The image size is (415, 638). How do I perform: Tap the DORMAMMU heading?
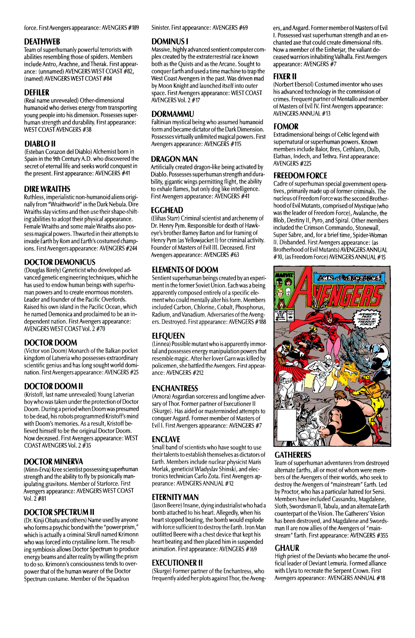pos(172,114)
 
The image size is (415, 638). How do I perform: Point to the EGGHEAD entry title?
pos(167,210)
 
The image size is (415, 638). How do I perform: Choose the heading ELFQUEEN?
pos(168,336)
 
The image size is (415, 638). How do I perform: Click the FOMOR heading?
pos(286,127)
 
